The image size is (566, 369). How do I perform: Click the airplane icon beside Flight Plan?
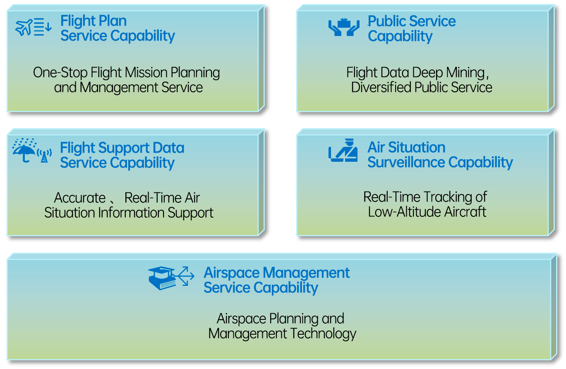coord(24,27)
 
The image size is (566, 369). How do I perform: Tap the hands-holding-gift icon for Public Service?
coord(344,27)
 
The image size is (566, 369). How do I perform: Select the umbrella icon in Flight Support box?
coord(24,151)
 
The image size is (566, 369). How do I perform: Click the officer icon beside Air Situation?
coord(343,150)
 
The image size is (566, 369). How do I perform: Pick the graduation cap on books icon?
coord(162,278)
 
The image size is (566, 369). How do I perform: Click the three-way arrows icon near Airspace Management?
coord(186,276)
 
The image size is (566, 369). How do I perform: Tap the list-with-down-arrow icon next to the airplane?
coord(43,27)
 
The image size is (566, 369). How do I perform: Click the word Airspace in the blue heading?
coord(231,273)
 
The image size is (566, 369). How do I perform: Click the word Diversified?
coord(381,87)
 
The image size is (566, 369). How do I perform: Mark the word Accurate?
coord(80,198)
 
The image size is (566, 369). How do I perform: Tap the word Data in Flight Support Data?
coord(168,148)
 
